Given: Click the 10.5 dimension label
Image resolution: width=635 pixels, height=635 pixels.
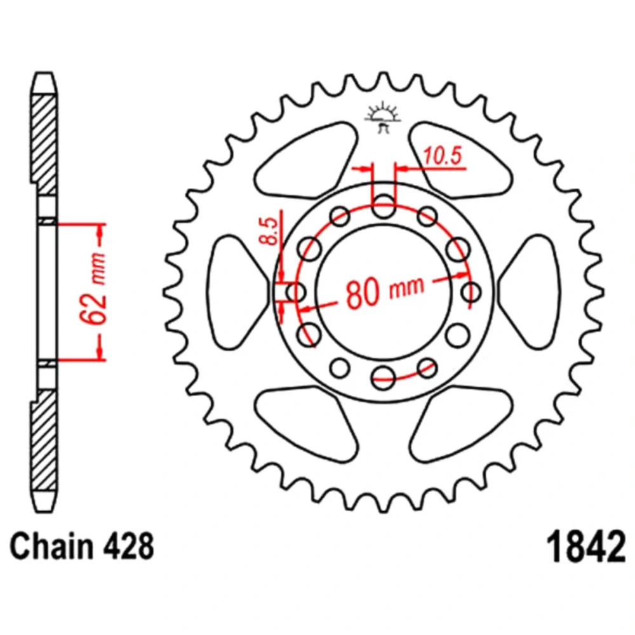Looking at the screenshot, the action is (442, 156).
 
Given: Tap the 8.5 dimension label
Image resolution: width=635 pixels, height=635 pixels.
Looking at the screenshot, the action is (269, 231).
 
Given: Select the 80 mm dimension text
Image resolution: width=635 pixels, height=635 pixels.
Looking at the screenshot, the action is (385, 291).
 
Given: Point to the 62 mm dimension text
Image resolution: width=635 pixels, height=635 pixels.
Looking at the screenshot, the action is (93, 288).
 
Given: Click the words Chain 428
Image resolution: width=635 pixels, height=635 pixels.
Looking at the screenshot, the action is (82, 546).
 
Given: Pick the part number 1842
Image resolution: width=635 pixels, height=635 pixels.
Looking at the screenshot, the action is (585, 547).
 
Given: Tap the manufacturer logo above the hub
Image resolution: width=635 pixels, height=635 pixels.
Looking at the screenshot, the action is (383, 118).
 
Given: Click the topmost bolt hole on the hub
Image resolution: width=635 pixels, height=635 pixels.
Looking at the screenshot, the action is (383, 206).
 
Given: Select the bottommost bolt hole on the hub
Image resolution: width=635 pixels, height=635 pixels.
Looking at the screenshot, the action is (383, 377).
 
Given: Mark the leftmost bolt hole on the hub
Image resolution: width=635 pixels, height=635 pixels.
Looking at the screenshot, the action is (296, 292).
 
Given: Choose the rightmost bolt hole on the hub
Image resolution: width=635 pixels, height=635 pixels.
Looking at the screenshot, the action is (471, 292).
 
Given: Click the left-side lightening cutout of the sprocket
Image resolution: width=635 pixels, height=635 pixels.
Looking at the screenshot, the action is (237, 292).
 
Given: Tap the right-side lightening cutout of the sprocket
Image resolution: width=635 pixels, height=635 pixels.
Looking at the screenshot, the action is (529, 292).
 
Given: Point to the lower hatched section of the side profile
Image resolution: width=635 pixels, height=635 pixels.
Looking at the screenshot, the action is (44, 441).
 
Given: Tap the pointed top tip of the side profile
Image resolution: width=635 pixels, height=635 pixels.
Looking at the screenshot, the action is (44, 73).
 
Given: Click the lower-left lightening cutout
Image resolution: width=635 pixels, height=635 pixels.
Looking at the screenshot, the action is (306, 424).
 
